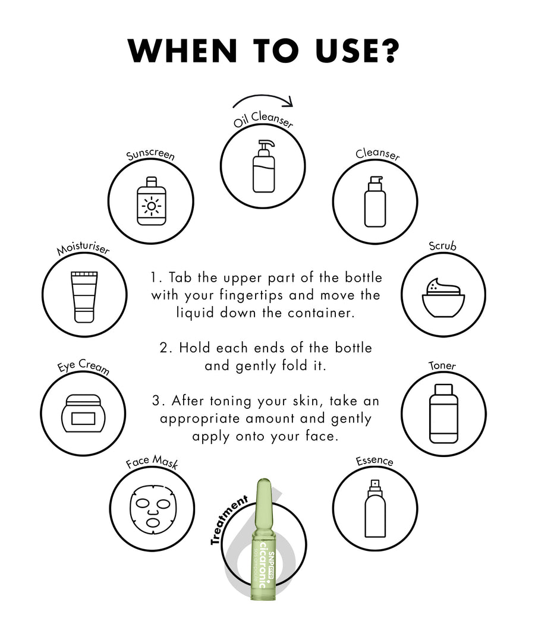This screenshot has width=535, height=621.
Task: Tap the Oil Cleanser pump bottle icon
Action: point(264,166)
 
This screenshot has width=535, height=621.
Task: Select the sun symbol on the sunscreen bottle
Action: point(152,206)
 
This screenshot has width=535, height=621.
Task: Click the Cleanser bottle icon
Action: point(375,201)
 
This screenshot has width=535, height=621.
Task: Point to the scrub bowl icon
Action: point(443,298)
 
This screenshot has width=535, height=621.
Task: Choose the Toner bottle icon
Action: point(444,414)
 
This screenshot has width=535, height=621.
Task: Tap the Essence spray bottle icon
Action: point(375,509)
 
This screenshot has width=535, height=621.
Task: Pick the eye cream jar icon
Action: point(83,414)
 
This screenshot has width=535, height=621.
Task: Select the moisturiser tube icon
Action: point(84,297)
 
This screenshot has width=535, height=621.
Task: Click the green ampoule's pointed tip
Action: point(263,480)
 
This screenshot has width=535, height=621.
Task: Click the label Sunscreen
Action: point(150,155)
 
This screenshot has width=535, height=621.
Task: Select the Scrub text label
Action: point(443,246)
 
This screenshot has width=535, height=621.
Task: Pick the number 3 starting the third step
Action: point(156,401)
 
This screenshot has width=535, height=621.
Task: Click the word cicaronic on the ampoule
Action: point(263,565)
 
